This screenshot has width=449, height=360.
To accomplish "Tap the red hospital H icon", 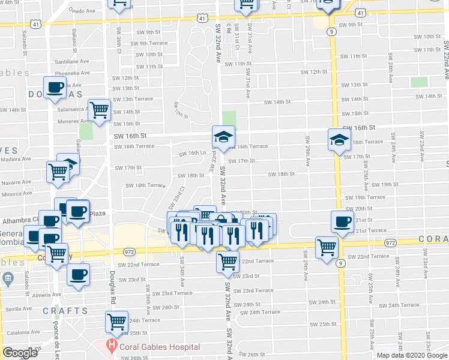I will [x=111, y=346].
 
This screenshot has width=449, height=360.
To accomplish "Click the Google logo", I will [x=20, y=352].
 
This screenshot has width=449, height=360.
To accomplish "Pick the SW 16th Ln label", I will [x=193, y=153].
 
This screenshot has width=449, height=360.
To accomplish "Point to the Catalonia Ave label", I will [x=21, y=332].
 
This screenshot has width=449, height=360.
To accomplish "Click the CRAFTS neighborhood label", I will [x=65, y=311].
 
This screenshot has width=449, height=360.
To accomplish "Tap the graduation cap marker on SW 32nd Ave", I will [x=223, y=137].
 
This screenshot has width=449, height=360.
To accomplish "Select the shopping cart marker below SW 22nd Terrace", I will [x=228, y=261].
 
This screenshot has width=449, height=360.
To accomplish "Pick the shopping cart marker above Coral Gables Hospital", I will [x=117, y=322].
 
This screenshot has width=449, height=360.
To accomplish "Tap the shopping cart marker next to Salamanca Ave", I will [x=99, y=110].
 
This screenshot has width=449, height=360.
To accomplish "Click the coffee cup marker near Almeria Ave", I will [x=78, y=275].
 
